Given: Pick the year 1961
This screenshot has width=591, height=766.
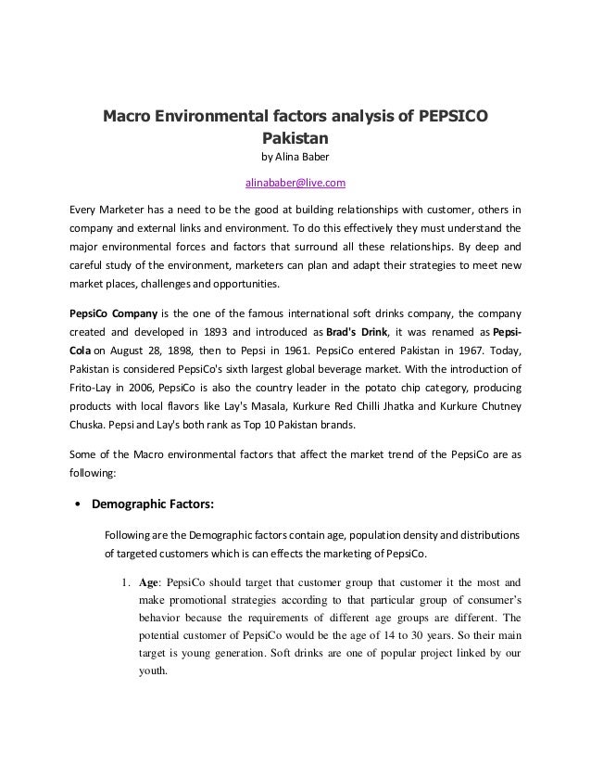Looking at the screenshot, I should pyautogui.click(x=298, y=353).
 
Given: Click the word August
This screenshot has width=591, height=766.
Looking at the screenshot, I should pyautogui.click(x=132, y=353).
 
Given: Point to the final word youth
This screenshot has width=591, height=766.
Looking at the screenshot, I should pyautogui.click(x=152, y=676).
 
